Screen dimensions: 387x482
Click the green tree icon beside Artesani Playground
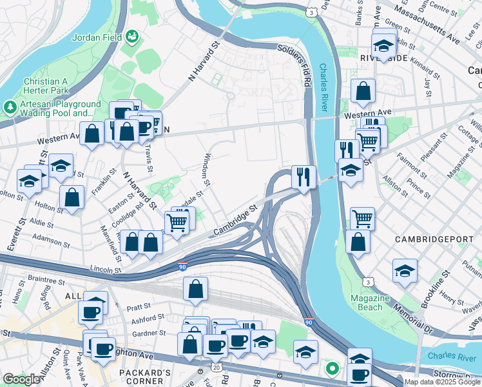[11, 105]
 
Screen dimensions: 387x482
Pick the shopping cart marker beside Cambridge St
[177, 223]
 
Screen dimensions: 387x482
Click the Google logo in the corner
[21, 379]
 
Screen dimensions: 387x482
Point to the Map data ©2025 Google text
[442, 382]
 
